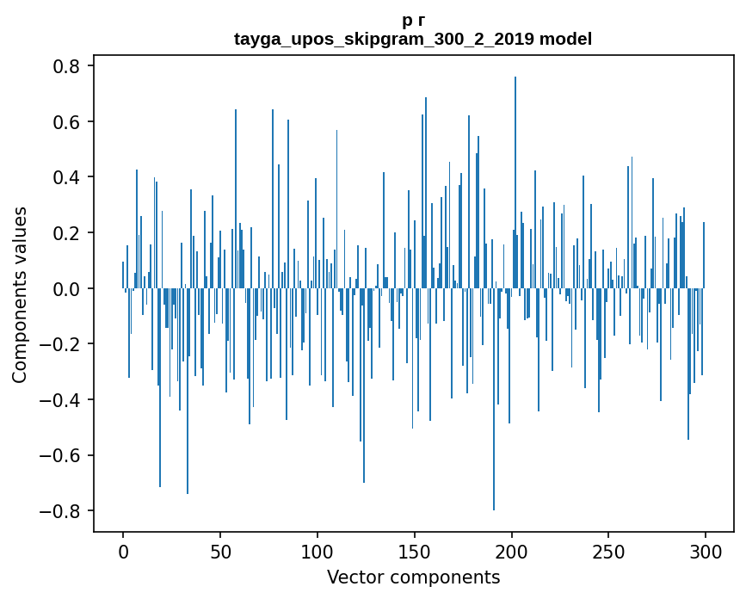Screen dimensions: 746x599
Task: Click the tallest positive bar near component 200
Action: (x=515, y=182)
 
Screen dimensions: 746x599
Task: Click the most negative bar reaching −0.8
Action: (x=494, y=399)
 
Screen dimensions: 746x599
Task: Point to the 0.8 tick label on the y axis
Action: (x=66, y=65)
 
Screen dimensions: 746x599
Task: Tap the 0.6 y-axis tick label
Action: (x=66, y=121)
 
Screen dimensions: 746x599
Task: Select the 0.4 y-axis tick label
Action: (x=66, y=177)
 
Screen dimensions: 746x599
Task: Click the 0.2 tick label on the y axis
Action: (x=66, y=232)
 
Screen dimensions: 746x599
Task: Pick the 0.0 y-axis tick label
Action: (x=66, y=288)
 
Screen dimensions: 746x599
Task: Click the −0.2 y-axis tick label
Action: (x=59, y=344)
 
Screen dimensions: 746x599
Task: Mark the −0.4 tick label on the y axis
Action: (x=59, y=399)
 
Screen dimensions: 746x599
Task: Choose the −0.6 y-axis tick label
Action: (x=59, y=455)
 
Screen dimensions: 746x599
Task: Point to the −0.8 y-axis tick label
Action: (x=59, y=511)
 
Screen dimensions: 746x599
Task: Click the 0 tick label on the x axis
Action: (x=123, y=552)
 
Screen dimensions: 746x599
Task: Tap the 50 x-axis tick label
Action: (x=220, y=552)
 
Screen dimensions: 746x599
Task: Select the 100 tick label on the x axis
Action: (x=318, y=552)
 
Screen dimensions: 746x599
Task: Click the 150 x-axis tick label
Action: (x=415, y=552)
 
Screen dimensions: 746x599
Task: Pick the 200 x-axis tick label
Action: (x=511, y=552)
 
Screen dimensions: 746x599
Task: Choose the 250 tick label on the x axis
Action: (x=608, y=552)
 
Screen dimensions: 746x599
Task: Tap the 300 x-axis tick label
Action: (x=706, y=552)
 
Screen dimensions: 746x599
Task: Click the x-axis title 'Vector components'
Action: (x=413, y=577)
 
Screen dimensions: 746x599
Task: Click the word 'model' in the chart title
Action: (x=565, y=39)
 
